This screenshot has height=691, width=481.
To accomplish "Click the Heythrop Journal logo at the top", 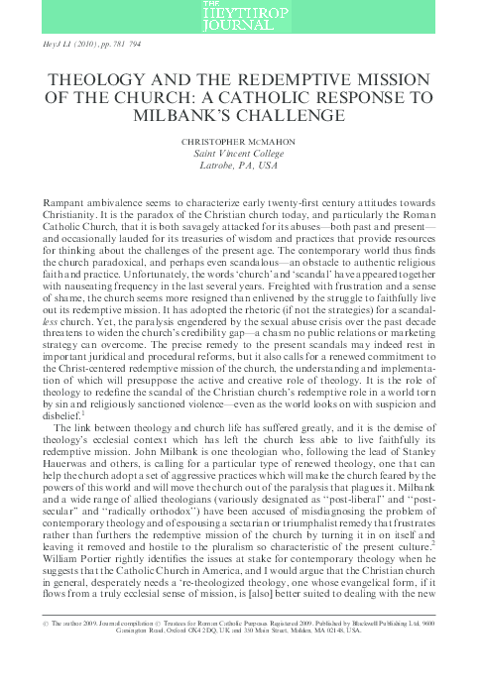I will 240,16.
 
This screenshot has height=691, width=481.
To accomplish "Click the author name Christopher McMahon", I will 240,141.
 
